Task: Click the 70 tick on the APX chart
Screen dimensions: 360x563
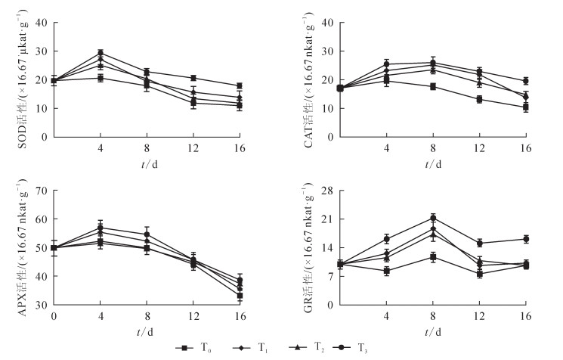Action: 44,191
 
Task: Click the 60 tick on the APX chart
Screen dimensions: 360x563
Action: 44,219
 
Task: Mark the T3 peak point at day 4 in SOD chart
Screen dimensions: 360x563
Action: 100,53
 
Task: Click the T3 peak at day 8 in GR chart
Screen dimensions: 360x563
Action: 433,218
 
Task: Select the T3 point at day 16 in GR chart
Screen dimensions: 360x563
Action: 525,239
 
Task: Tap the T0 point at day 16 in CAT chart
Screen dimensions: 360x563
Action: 525,107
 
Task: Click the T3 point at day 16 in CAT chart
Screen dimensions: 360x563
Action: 525,81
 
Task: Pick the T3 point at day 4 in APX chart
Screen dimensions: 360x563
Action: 100,228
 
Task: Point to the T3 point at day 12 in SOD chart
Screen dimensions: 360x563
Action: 193,78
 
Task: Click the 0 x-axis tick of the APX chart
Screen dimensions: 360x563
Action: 54,314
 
